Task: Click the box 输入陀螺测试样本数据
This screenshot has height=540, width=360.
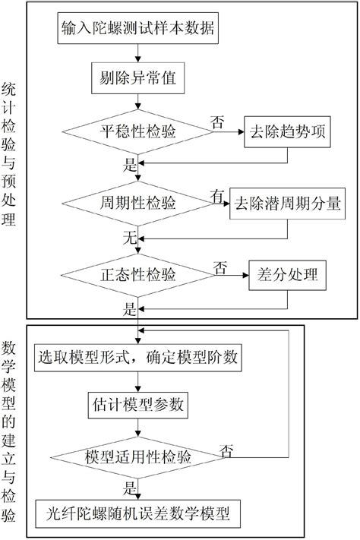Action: tap(137, 28)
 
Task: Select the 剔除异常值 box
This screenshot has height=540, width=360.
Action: tap(137, 78)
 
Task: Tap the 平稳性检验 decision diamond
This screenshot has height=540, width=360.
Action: tap(137, 131)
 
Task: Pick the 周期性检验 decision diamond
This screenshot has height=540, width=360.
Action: tap(137, 204)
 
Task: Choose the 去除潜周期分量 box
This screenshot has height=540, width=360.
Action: tap(286, 204)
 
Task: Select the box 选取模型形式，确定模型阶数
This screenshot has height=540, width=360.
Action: tap(137, 355)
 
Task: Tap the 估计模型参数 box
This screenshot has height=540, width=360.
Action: tap(137, 402)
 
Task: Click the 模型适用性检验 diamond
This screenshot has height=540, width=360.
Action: tap(137, 456)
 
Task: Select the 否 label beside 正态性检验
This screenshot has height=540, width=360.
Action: tap(220, 267)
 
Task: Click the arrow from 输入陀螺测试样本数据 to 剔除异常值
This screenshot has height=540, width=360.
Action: tap(137, 53)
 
